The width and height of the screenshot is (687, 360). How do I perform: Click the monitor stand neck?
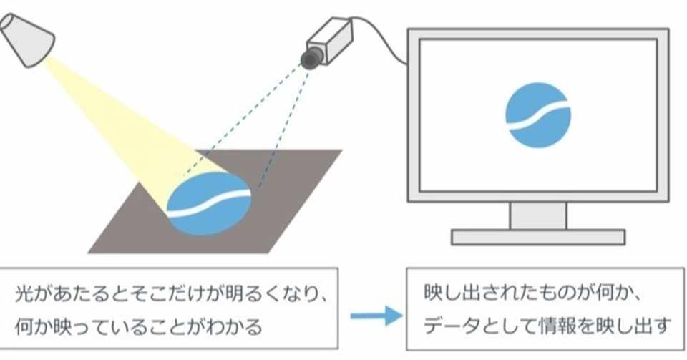537,215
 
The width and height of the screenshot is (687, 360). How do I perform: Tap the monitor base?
537,237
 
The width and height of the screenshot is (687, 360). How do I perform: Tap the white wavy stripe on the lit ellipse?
208,201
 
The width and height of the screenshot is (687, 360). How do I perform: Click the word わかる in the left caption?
239,327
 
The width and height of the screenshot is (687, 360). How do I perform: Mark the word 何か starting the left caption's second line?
35,327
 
